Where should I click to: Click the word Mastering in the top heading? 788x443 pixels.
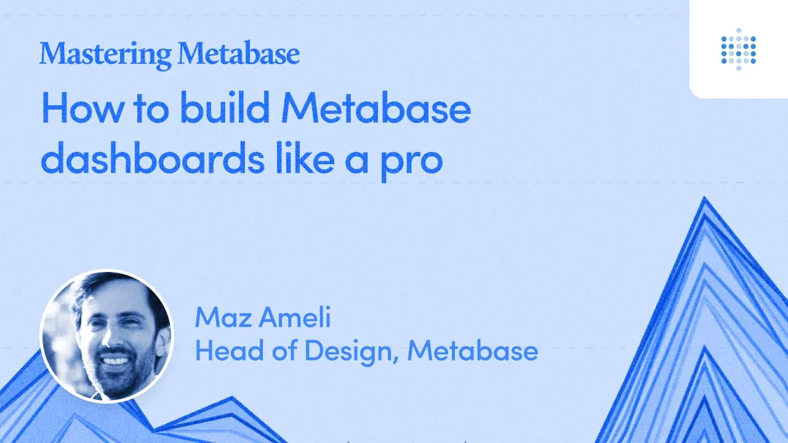point(105,55)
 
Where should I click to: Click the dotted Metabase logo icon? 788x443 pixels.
point(738,49)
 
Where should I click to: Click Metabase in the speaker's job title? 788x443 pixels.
point(472,351)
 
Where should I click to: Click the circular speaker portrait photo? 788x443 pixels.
point(106,337)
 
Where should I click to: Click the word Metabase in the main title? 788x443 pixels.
point(376,110)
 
